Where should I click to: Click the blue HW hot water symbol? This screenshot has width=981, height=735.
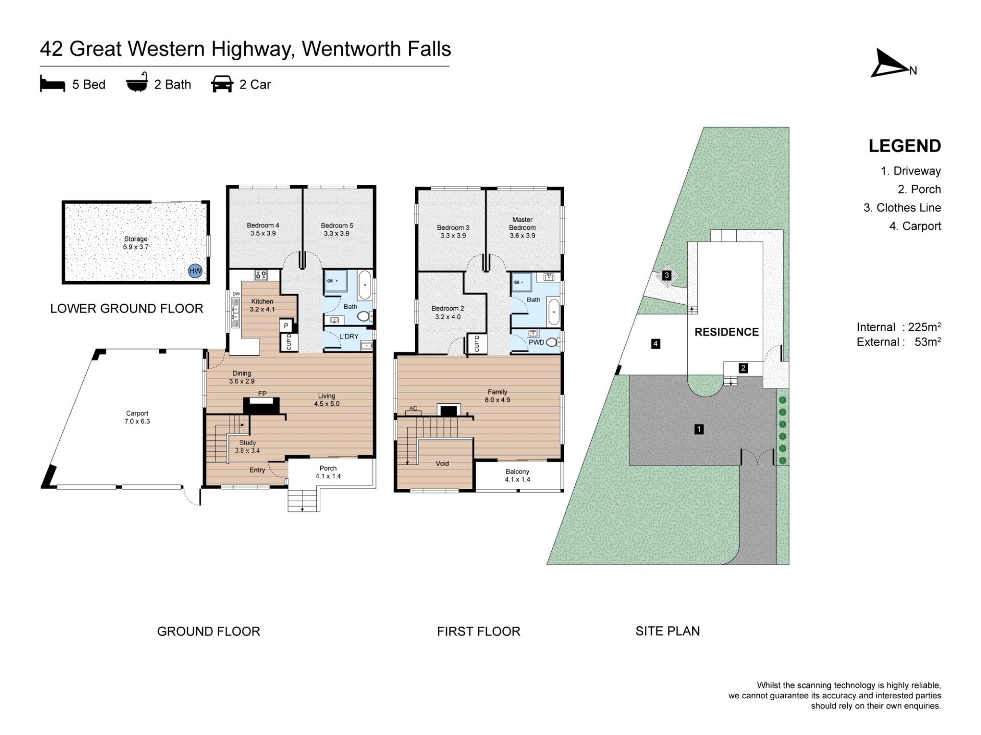pyautogui.click(x=195, y=271)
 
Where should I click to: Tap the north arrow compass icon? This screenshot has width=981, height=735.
pyautogui.click(x=890, y=64)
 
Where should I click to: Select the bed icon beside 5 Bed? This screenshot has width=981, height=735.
pyautogui.click(x=53, y=84)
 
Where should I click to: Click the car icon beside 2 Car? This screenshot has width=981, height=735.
pyautogui.click(x=222, y=84)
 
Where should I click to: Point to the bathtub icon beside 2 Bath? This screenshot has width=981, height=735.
pyautogui.click(x=137, y=83)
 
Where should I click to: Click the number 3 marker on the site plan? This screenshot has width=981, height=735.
pyautogui.click(x=666, y=276)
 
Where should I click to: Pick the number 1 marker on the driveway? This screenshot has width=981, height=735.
pyautogui.click(x=699, y=429)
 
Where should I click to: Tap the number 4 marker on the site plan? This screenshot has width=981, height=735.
pyautogui.click(x=656, y=344)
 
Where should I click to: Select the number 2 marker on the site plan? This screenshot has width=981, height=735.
pyautogui.click(x=743, y=368)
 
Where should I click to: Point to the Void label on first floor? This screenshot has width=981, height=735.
pyautogui.click(x=442, y=463)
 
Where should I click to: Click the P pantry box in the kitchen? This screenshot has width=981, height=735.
pyautogui.click(x=286, y=326)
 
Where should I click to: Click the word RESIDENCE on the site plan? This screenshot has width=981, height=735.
pyautogui.click(x=727, y=332)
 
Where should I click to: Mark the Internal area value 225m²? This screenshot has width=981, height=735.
pyautogui.click(x=924, y=327)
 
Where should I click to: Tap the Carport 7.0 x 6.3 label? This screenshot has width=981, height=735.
pyautogui.click(x=137, y=418)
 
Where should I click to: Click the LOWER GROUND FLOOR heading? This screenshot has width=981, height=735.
pyautogui.click(x=127, y=308)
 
